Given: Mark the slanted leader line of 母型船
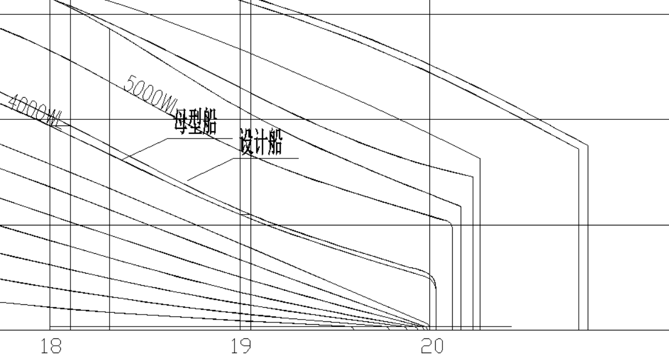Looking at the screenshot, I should [144, 149].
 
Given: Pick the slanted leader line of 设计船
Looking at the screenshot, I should [211, 169].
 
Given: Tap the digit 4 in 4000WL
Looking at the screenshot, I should [14, 101].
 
